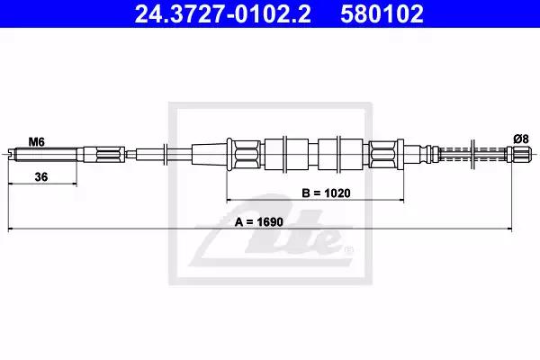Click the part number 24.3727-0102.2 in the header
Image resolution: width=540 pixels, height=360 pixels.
(x=222, y=14)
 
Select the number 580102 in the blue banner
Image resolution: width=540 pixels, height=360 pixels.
(x=382, y=14)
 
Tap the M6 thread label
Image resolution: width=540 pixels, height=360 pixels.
(x=36, y=142)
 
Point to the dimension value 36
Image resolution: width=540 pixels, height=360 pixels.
(x=41, y=177)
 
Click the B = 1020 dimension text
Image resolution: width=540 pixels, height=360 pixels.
(x=326, y=193)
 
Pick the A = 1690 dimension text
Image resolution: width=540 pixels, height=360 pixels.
(x=258, y=222)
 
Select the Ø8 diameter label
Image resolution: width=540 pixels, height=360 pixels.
(x=521, y=139)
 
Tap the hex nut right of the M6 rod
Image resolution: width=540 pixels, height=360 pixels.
(x=111, y=154)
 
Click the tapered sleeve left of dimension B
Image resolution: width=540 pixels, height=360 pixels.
(x=210, y=154)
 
